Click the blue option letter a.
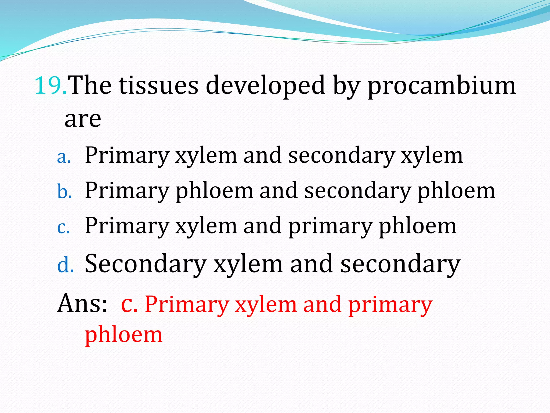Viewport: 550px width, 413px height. pyautogui.click(x=64, y=157)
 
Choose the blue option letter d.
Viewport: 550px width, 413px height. pyautogui.click(x=65, y=265)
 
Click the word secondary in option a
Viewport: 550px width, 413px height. pyautogui.click(x=341, y=156)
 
